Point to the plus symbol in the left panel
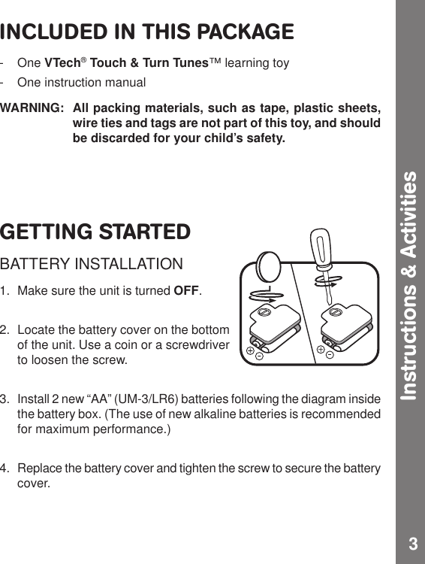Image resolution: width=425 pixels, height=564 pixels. [x=249, y=350]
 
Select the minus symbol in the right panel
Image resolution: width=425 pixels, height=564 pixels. [x=330, y=355]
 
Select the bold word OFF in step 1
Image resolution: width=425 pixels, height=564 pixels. [x=187, y=291]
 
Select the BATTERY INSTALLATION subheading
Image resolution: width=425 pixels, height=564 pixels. [x=91, y=265]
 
